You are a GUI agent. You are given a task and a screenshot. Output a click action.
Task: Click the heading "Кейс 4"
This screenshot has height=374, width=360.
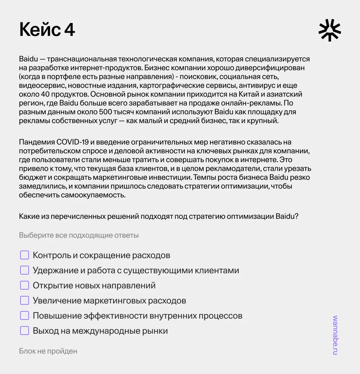47,30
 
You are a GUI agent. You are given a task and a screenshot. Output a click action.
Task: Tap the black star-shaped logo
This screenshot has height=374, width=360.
329,30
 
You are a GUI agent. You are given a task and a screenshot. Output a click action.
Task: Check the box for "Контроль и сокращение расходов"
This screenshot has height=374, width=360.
25,255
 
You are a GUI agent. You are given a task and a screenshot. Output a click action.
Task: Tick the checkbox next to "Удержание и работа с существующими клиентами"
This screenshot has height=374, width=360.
25,270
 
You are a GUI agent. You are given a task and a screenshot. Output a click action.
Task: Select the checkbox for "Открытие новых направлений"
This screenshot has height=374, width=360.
25,285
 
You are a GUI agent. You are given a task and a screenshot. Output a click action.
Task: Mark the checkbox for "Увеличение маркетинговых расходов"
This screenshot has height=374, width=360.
25,300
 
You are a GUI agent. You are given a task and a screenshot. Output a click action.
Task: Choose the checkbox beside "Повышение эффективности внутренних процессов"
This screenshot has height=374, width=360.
25,315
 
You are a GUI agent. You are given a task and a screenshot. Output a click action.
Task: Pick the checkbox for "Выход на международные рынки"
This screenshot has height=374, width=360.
25,331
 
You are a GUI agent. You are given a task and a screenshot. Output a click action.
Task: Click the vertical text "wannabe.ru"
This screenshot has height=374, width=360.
335,335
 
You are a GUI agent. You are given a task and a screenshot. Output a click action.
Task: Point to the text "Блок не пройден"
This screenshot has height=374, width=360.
48,351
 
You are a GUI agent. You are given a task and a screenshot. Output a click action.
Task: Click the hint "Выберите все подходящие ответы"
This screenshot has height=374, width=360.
79,235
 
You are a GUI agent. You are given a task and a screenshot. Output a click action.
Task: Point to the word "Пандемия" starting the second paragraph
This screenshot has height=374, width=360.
37,142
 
